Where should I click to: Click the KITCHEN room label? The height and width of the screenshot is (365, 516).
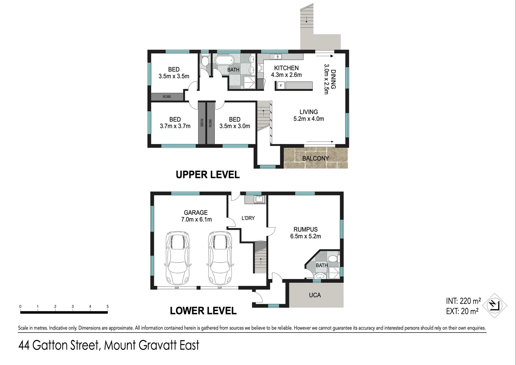coord(286,68)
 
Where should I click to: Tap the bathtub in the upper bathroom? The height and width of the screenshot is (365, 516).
coord(224,60)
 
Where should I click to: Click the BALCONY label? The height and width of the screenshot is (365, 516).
coord(315,158)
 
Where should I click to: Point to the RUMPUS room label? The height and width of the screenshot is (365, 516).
coord(305,229)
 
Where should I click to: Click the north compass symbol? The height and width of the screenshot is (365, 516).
coord(494,306)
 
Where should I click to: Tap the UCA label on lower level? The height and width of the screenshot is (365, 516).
coord(315,295)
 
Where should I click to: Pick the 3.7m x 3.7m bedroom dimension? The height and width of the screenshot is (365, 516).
coord(175,126)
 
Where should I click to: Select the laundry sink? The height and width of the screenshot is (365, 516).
coord(259,199)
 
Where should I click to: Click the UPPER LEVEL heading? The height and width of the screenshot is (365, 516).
coord(208,175)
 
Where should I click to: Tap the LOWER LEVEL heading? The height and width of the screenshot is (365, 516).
coord(203,311)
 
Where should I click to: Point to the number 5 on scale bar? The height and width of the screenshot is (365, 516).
coord(108,307)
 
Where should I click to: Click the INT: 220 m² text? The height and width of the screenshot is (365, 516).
coord(463,301)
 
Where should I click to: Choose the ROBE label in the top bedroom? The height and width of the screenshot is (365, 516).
coord(167,97)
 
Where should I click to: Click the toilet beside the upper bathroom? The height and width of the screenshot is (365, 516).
coord(205,61)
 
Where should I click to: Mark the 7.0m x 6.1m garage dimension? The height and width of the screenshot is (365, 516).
coord(196,219)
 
